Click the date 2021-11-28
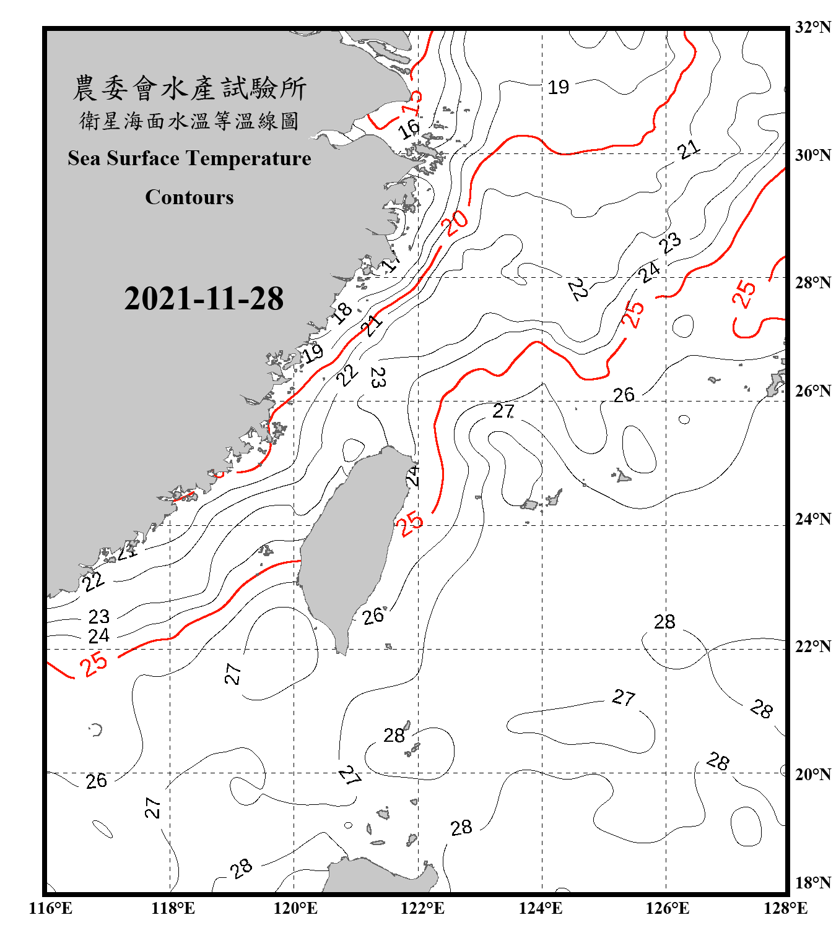204,299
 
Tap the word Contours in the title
189,197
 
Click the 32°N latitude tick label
812,27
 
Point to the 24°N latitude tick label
812,518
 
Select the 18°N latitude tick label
812,883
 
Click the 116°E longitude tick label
51,908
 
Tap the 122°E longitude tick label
422,908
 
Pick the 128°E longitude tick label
785,908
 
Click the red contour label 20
456,223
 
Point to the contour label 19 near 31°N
558,87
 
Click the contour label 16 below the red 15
409,129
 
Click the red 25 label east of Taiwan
410,523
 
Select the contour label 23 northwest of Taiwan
377,377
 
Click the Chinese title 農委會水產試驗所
189,88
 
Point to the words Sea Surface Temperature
189,158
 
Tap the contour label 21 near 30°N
688,149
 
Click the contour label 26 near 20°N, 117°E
97,781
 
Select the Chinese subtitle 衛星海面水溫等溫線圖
189,121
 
